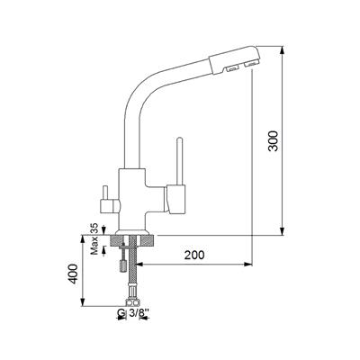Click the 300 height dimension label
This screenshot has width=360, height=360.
274,141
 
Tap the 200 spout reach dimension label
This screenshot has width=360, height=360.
194,255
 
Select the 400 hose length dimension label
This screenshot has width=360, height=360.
73,274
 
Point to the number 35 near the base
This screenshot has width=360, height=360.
94,228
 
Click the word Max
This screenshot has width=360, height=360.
94,246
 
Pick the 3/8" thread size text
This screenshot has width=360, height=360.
139,313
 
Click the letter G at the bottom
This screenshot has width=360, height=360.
121,313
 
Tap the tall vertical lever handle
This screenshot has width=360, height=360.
179,161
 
